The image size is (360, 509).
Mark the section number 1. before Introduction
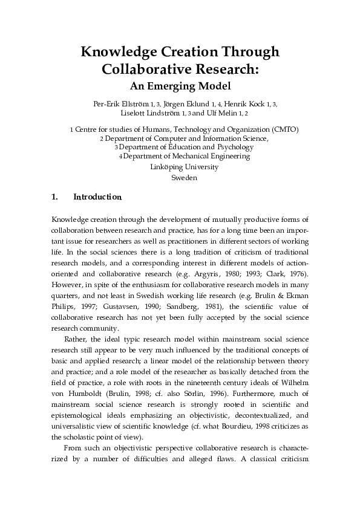coord(55,197)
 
